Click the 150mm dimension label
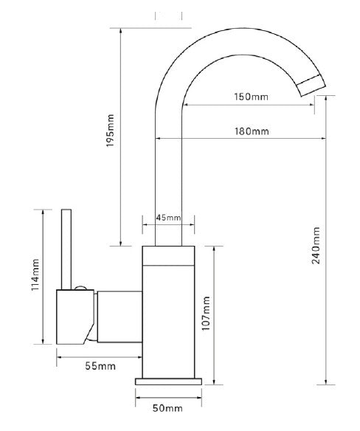click(x=251, y=97)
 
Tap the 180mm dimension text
click(x=252, y=131)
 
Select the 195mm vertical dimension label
click(x=110, y=131)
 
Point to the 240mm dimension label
click(x=316, y=246)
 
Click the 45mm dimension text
click(x=169, y=218)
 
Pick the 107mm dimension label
click(x=206, y=314)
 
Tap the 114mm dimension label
click(x=35, y=275)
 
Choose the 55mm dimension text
click(x=100, y=366)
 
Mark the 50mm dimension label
click(x=167, y=408)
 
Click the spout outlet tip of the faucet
click(x=311, y=86)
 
